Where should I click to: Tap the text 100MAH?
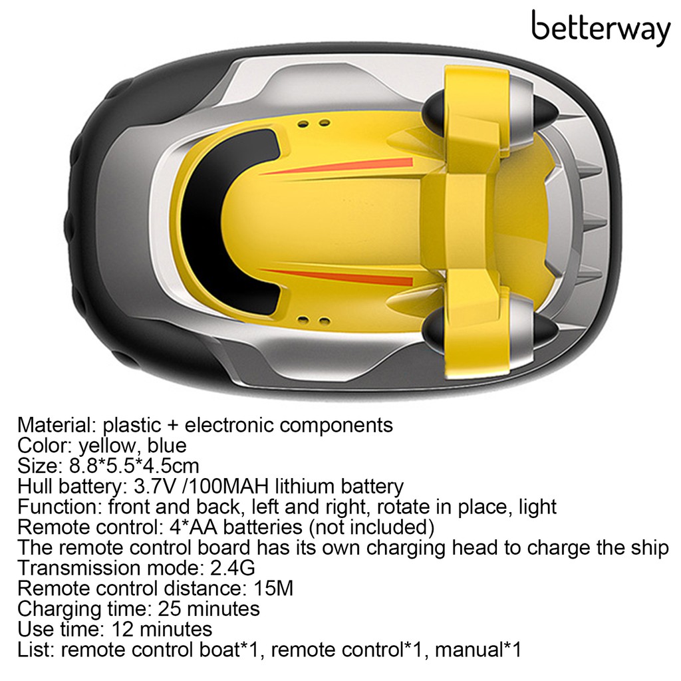(217, 486)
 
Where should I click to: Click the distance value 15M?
(274, 589)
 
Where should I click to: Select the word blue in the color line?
(167, 445)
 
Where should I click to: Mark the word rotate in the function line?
(402, 507)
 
